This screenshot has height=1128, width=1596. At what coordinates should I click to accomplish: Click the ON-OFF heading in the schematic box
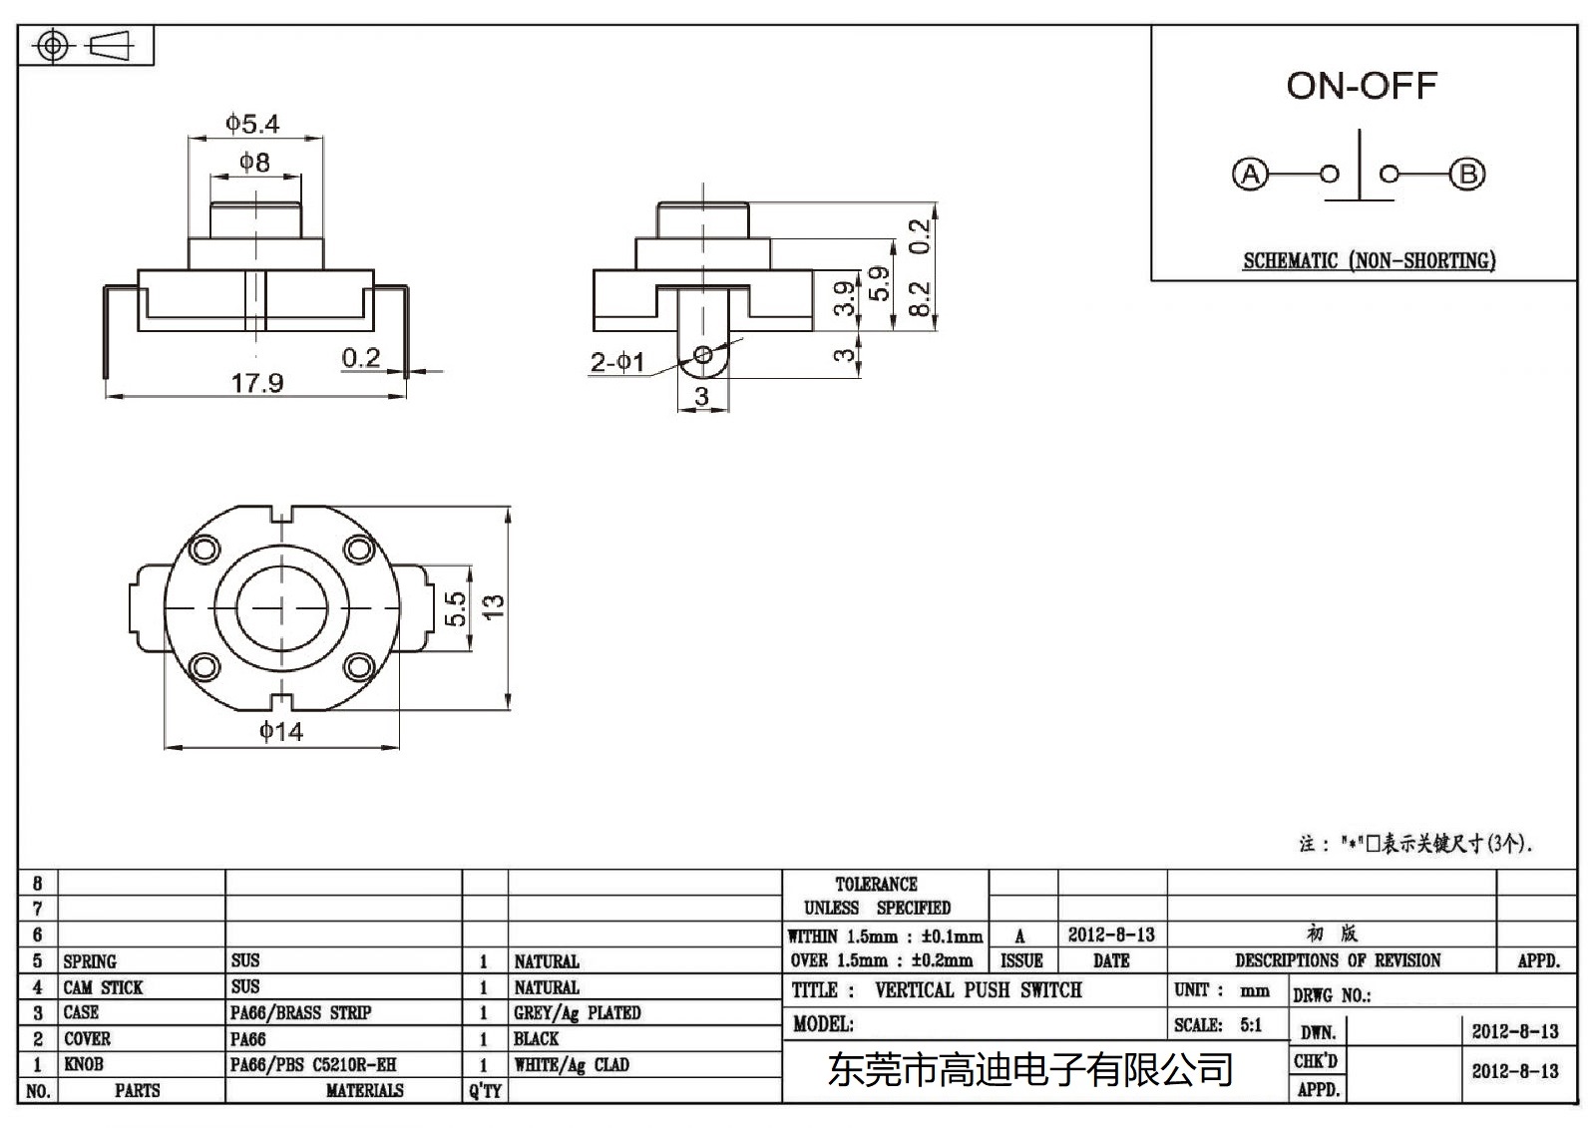(1361, 86)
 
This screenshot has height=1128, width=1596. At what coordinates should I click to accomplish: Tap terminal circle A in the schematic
(1249, 175)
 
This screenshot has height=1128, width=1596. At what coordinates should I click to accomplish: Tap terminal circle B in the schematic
(1467, 175)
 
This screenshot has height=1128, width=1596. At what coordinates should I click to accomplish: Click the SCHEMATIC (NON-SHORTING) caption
(1369, 261)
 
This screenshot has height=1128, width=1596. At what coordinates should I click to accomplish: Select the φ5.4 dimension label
(252, 124)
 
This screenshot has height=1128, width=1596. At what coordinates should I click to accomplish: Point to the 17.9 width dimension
(256, 383)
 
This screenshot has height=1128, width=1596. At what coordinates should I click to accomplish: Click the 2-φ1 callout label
(616, 362)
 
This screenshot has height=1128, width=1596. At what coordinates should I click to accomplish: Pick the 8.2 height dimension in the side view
(920, 298)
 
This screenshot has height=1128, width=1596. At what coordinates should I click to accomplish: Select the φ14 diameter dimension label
(281, 731)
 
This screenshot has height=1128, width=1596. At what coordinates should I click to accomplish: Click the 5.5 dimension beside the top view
(455, 608)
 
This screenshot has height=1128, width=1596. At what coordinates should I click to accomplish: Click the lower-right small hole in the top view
(358, 666)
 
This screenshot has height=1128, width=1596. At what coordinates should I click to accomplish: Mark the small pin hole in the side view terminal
(703, 354)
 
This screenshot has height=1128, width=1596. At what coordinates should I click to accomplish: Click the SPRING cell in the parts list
(90, 961)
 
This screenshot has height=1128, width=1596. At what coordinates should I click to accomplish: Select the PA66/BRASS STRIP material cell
(300, 1012)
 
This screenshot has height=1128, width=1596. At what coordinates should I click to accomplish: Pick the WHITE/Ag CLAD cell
(572, 1064)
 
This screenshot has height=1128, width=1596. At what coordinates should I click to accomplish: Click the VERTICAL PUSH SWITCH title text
(978, 990)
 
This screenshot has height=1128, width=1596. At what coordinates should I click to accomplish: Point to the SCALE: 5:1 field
(1218, 1024)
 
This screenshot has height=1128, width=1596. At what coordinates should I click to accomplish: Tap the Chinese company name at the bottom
(1030, 1070)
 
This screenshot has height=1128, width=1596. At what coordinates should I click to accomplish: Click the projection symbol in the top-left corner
(85, 46)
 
